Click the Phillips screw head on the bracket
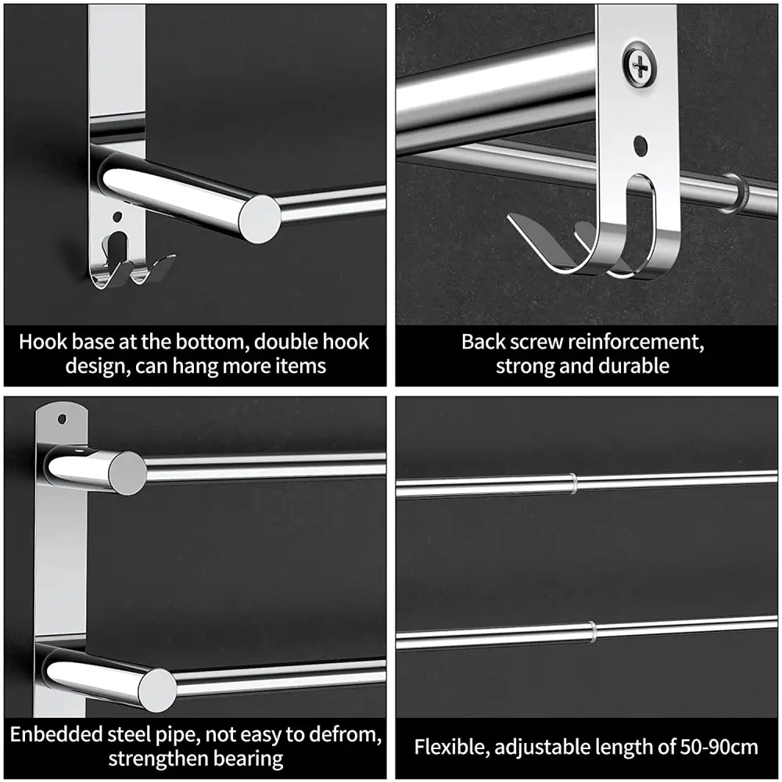pos(639,65)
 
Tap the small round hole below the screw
pos(640,145)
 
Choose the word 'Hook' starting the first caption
pos(42,343)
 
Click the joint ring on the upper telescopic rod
pos(573,483)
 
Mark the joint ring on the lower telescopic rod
pos(592,631)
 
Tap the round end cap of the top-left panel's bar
pos(260,220)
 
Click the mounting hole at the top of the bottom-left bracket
pos(63,418)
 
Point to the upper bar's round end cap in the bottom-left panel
pos(127,473)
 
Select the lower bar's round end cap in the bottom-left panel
pos(158,690)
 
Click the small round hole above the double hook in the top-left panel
pos(117,217)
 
